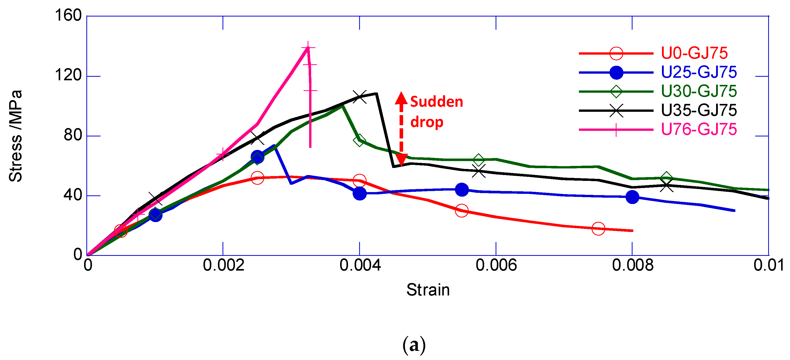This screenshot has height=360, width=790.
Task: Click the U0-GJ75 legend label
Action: click(x=694, y=53)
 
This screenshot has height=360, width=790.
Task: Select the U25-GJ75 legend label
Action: click(x=699, y=72)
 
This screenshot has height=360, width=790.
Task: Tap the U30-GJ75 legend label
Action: click(x=699, y=91)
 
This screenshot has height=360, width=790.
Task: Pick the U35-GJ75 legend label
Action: click(x=699, y=111)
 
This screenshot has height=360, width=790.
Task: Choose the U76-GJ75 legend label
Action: click(x=699, y=129)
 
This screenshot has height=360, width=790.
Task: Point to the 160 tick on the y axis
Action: click(x=68, y=15)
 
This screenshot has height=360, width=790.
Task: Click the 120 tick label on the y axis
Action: click(x=68, y=75)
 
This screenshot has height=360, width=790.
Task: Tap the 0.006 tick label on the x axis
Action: click(x=496, y=265)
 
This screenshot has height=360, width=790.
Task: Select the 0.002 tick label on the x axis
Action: click(x=223, y=265)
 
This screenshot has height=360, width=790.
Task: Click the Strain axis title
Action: click(x=428, y=290)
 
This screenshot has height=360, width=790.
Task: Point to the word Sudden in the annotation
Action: click(x=436, y=102)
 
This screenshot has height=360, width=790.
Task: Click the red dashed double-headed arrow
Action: click(x=401, y=129)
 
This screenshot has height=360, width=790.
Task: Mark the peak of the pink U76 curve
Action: click(x=308, y=48)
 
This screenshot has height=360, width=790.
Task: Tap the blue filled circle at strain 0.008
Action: click(x=632, y=197)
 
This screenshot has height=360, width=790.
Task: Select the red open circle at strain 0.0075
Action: click(x=598, y=228)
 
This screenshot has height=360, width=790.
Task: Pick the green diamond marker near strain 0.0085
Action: click(x=666, y=178)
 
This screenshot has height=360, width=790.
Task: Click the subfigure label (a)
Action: click(x=414, y=345)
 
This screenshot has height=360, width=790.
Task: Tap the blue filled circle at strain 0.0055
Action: click(x=462, y=190)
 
